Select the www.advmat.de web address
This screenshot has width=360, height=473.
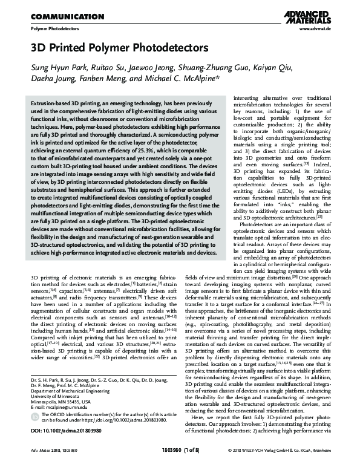pyautogui.click(x=314, y=29)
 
